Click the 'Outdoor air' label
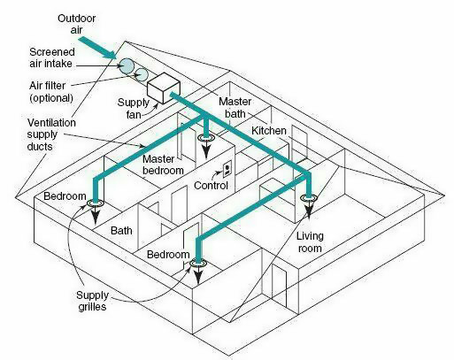(x=76, y=24)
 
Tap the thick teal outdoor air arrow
(x=97, y=48)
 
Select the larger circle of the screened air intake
(x=127, y=65)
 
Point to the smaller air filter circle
(x=142, y=74)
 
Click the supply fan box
(x=164, y=88)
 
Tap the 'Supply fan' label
(x=134, y=108)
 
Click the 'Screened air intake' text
(x=52, y=57)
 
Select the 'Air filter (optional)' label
(x=51, y=92)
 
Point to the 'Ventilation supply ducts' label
(x=51, y=134)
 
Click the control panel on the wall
(x=227, y=169)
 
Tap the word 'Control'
(x=211, y=186)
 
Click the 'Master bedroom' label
(x=163, y=165)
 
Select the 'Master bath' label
(x=235, y=108)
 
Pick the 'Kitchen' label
(x=269, y=131)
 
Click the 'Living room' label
(x=310, y=242)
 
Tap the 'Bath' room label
(x=121, y=230)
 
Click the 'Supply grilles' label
(x=92, y=301)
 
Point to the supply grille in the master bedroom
(x=206, y=138)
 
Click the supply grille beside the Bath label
(x=95, y=203)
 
